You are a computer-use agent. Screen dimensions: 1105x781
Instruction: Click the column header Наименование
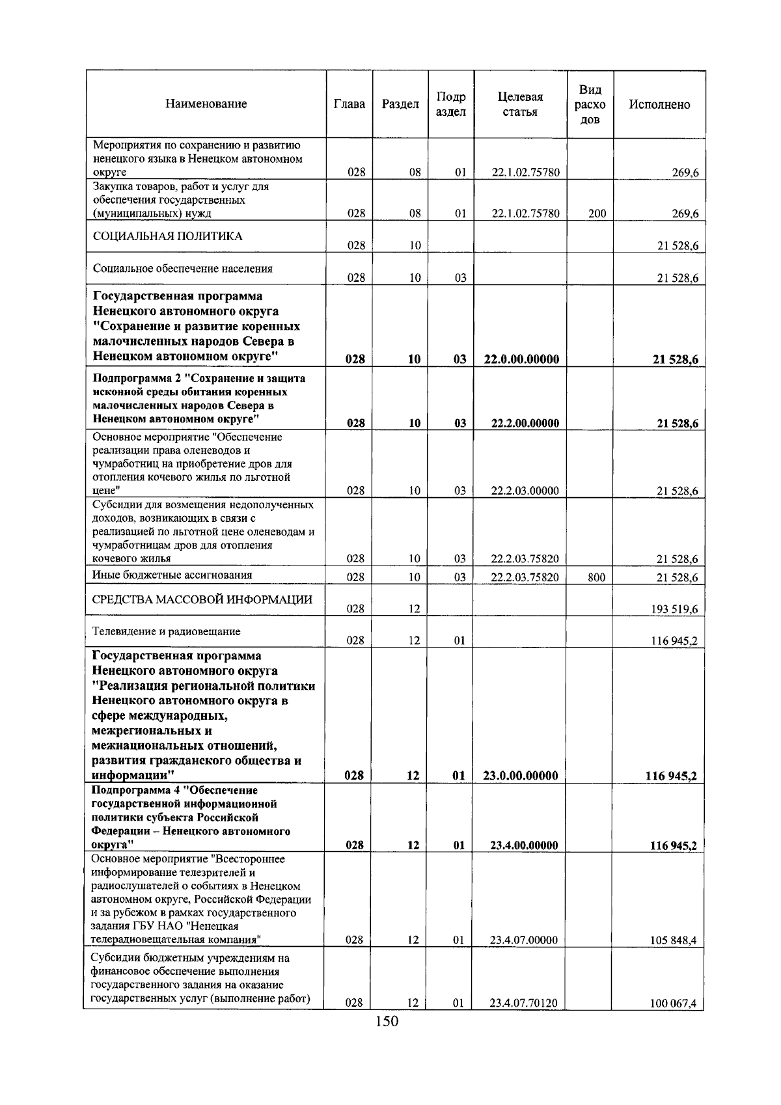(x=206, y=104)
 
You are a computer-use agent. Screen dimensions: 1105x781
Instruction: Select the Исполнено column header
(x=659, y=104)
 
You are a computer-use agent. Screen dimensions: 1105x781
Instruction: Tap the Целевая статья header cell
(x=520, y=104)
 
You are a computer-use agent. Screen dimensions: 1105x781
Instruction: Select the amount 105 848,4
(x=674, y=940)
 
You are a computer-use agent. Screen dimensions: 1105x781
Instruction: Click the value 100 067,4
(x=674, y=1022)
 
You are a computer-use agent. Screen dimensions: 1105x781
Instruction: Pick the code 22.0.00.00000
(x=521, y=359)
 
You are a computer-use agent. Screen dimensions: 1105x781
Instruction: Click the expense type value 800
(x=596, y=577)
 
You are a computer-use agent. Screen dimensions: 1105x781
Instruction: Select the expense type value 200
(x=596, y=213)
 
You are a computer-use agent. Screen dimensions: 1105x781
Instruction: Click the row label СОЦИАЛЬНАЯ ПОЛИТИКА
(x=168, y=236)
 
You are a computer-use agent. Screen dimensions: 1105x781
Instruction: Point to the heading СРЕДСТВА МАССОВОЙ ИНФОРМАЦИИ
(x=202, y=599)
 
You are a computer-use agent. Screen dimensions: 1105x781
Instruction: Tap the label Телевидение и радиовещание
(x=167, y=631)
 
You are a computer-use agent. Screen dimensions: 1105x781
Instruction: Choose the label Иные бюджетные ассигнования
(x=172, y=575)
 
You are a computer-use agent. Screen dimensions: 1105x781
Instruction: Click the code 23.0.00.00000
(x=521, y=776)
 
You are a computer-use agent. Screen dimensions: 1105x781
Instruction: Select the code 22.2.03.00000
(x=525, y=491)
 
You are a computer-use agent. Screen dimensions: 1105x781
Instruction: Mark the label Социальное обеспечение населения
(x=183, y=268)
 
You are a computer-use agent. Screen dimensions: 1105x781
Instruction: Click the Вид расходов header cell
(x=590, y=104)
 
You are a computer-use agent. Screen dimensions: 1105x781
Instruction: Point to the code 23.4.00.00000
(x=524, y=846)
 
